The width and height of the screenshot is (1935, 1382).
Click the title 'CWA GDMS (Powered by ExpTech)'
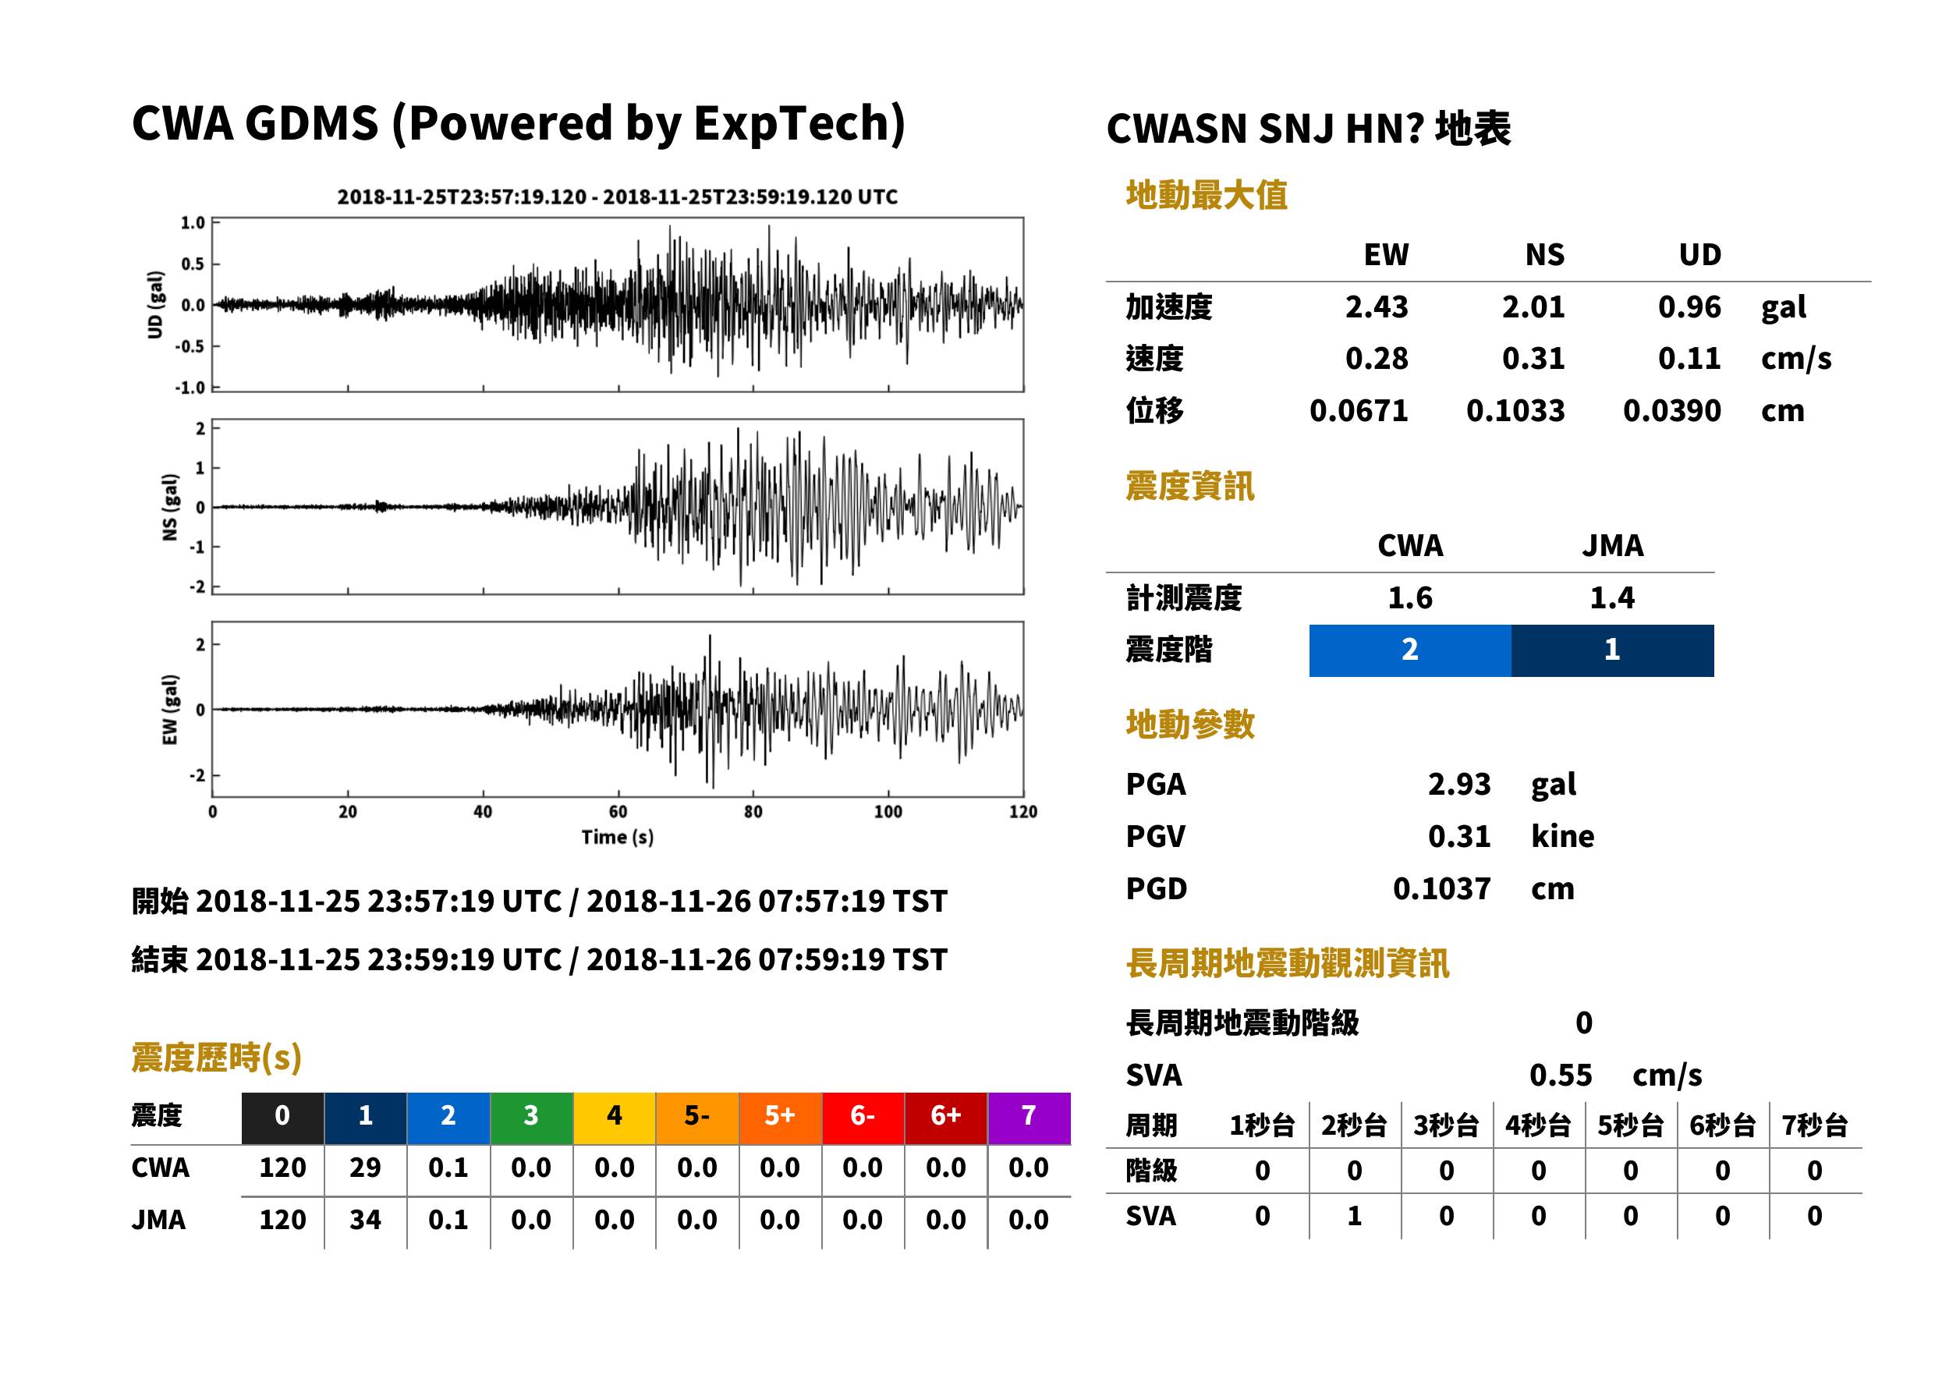point(518,124)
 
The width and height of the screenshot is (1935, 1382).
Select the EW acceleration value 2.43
point(1376,307)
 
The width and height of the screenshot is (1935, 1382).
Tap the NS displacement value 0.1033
point(1515,411)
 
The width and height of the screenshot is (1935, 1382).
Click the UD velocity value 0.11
point(1689,358)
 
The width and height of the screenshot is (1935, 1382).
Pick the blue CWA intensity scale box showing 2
point(1409,650)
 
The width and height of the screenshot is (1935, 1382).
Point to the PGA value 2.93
point(1459,784)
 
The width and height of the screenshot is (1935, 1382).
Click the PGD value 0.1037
point(1441,888)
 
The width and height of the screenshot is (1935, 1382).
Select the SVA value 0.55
point(1561,1075)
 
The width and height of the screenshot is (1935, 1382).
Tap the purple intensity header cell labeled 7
point(1029,1118)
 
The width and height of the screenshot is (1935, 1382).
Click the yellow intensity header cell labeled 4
point(615,1118)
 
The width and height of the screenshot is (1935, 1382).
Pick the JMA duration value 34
point(365,1220)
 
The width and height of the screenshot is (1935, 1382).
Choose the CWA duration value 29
point(365,1168)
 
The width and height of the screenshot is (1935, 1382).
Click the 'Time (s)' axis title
point(618,838)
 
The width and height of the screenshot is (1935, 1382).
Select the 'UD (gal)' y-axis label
point(155,305)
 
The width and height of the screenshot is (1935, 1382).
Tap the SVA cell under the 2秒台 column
point(1354,1216)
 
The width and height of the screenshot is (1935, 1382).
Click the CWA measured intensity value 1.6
point(1410,597)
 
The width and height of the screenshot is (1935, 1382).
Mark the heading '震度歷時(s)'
point(217,1058)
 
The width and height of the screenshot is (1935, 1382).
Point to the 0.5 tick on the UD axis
point(193,264)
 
